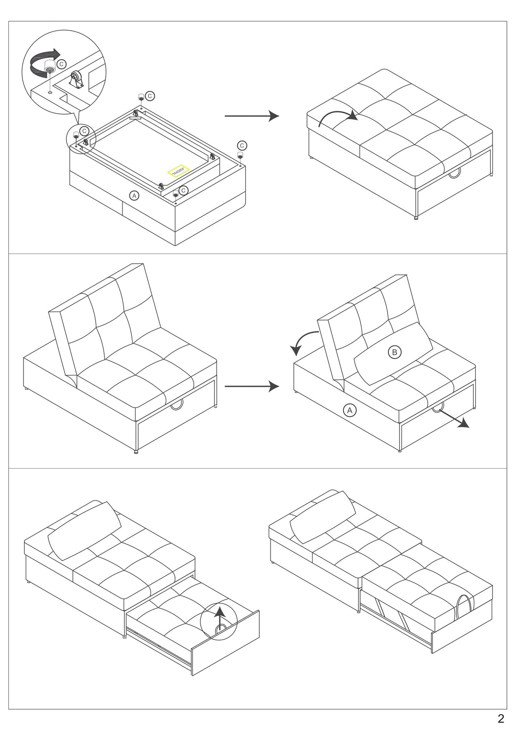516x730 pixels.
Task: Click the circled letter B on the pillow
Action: tap(394, 352)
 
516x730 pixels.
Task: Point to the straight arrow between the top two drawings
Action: tap(251, 116)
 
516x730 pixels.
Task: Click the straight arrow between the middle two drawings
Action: tap(251, 386)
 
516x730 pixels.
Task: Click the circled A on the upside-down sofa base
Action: tap(134, 196)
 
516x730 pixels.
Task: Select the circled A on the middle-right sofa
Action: tap(350, 411)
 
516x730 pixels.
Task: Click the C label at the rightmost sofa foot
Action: tap(242, 145)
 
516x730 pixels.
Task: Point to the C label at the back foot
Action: tap(150, 96)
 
